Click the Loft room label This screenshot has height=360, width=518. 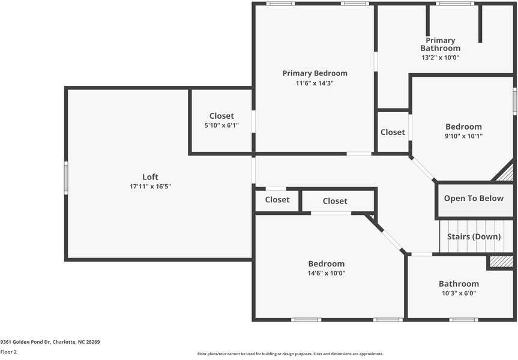pos(150,176)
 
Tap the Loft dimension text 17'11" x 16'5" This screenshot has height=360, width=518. pos(150,186)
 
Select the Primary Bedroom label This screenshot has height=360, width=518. pos(315,73)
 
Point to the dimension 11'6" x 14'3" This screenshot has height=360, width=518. pos(315,83)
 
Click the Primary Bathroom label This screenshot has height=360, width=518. pos(441,44)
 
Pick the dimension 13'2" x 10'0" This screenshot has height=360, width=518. pos(441,58)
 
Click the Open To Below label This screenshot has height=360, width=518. pos(474,199)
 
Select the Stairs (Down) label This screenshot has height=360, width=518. pos(474,236)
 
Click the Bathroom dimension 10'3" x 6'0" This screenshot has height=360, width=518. pos(459,293)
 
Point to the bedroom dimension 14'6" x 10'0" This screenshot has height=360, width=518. pos(327,273)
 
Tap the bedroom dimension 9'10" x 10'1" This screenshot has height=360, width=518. pos(463,136)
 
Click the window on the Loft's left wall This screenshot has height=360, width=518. pos(66,178)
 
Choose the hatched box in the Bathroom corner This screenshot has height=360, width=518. pos(501,262)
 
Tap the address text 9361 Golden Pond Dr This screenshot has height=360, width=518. pos(25,342)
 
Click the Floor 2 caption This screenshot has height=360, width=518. pos(8,352)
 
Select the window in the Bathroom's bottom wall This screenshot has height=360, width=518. pos(463,320)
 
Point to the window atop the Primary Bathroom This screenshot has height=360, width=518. pos(455,4)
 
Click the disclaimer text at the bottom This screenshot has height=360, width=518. pos(291,354)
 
